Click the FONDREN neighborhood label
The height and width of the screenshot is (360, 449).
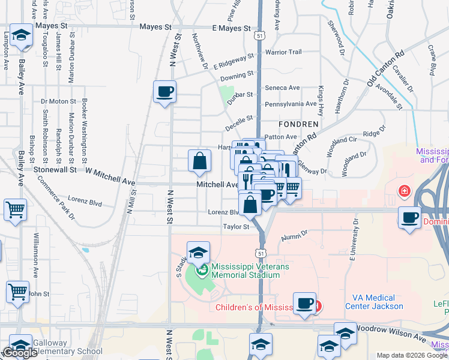298,124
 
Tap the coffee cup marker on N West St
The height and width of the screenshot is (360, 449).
164,92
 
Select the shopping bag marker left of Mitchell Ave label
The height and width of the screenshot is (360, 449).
199,161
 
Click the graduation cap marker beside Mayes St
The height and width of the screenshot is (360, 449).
21,36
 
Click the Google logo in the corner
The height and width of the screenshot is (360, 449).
20,353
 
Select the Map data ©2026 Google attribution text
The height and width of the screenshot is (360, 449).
412,355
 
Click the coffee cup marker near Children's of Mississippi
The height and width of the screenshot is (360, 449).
304,303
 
